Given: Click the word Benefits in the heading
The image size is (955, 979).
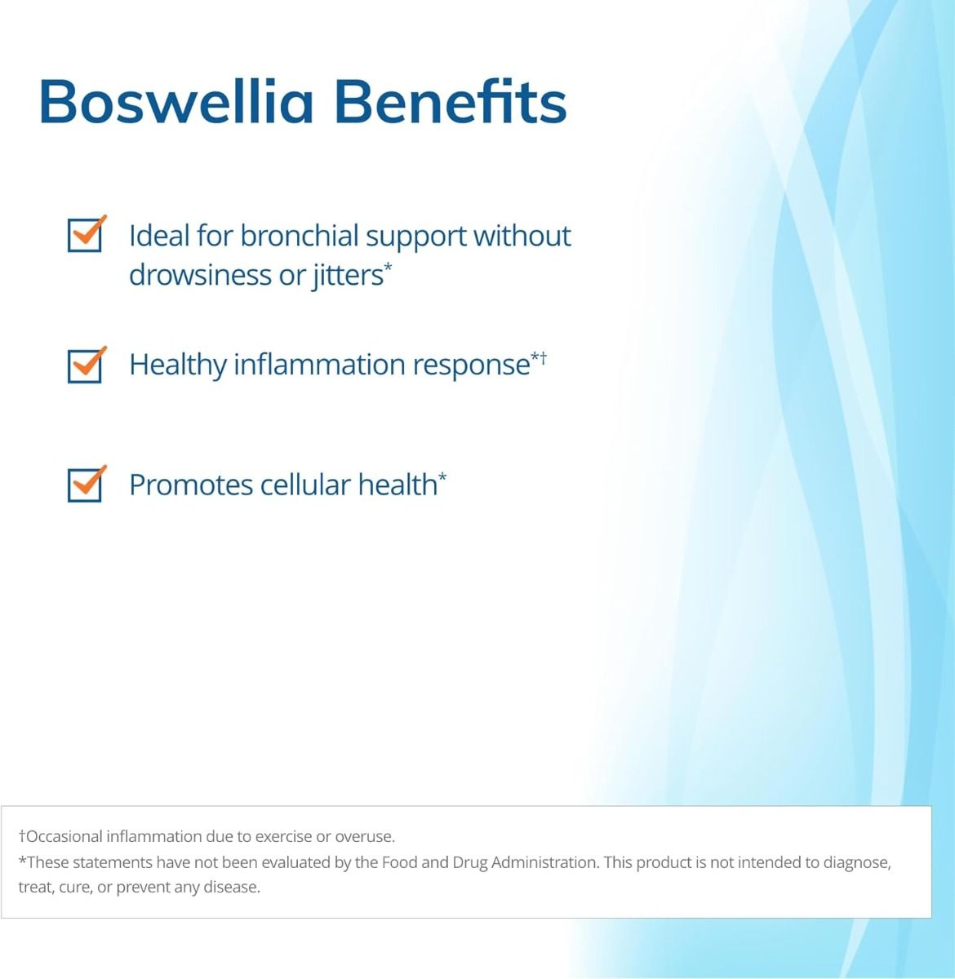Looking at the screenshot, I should point(450,102).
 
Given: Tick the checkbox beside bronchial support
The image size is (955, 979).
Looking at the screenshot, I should point(85,235).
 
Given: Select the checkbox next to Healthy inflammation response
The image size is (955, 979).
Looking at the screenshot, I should point(85,365).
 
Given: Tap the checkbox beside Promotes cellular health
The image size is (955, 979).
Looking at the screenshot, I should point(85,485).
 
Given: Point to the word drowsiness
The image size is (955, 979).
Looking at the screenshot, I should point(201,275).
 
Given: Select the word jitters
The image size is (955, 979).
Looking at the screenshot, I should point(347,275).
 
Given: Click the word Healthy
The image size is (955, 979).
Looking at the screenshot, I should point(177,365).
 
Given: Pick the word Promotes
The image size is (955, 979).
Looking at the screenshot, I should point(191,485).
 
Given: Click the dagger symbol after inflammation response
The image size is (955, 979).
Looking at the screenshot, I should point(543,357).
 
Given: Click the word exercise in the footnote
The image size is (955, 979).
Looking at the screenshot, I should point(283,836).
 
